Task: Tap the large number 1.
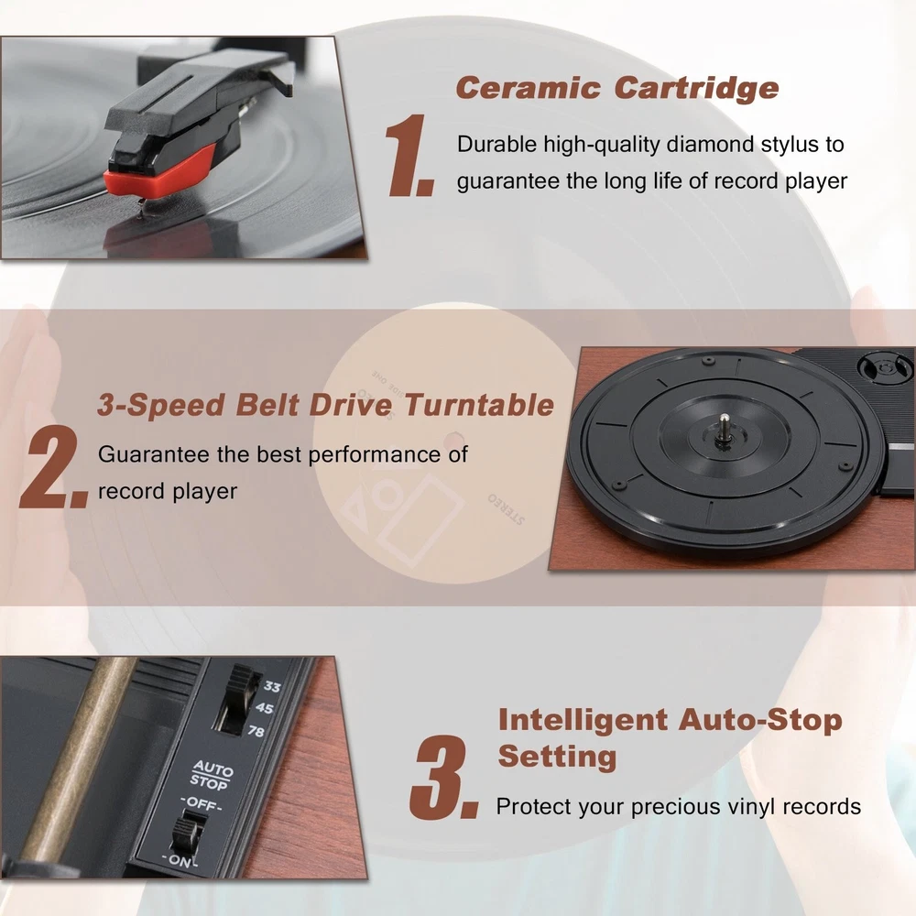click(x=409, y=155)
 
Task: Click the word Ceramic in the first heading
click(x=529, y=88)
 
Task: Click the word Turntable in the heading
click(x=479, y=404)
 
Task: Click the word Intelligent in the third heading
click(x=583, y=719)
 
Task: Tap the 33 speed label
click(x=272, y=686)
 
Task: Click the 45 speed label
click(x=264, y=708)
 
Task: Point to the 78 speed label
click(x=256, y=731)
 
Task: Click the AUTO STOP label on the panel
click(x=211, y=775)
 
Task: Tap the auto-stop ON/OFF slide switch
click(x=188, y=834)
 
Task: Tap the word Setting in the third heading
click(x=557, y=757)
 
